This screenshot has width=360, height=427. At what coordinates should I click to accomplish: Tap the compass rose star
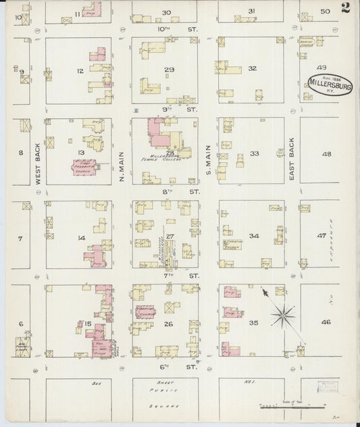(x=284, y=313)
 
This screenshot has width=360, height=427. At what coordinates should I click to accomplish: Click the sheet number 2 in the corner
(x=345, y=8)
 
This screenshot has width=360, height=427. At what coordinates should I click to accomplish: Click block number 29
(x=169, y=70)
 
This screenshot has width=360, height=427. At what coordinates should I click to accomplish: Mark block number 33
(x=254, y=153)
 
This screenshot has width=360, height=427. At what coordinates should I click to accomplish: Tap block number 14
(x=81, y=237)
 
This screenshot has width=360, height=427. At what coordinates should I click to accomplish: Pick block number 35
(x=253, y=323)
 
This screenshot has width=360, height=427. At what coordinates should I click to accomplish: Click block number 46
(x=326, y=323)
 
